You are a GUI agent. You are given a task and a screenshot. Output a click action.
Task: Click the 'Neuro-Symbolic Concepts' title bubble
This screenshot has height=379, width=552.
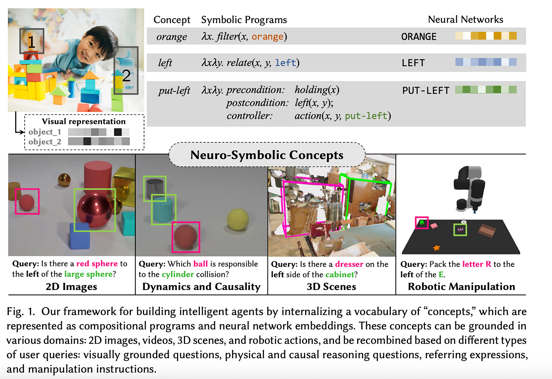[x=267, y=155]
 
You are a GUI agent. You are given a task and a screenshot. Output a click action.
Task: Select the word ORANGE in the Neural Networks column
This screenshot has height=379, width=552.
[x=419, y=37]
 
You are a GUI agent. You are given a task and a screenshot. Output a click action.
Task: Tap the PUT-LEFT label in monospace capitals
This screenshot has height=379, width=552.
[x=425, y=90]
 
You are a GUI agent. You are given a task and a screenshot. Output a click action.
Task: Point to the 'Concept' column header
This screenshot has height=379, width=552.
[x=172, y=20]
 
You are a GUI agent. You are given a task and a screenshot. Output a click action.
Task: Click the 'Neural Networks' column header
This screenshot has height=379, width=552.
[x=465, y=19]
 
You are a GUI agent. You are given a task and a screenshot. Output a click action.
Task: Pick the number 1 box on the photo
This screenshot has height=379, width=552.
[x=31, y=41]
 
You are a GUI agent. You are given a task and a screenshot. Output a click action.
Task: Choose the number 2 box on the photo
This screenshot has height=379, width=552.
[x=126, y=71]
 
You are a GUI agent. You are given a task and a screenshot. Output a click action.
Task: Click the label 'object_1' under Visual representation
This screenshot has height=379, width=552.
[x=44, y=132]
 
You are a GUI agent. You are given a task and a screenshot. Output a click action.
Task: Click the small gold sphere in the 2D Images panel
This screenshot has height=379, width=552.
[x=64, y=179]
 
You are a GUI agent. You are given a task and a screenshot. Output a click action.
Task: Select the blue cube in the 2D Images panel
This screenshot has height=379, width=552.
[x=80, y=236]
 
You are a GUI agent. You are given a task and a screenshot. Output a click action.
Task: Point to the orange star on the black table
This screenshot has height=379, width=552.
[x=437, y=248]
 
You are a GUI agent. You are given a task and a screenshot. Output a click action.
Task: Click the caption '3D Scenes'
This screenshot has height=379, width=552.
[x=331, y=287]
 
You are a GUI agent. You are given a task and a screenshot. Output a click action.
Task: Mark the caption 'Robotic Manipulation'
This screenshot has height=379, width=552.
[x=461, y=287]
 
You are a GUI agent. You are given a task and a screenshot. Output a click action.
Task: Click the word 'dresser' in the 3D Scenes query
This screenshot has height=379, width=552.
[x=349, y=264]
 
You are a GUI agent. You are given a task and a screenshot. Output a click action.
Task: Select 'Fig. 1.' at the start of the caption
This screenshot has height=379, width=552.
[x=20, y=312]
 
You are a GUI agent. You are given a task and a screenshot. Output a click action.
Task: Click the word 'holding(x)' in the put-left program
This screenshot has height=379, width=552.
[x=317, y=90]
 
